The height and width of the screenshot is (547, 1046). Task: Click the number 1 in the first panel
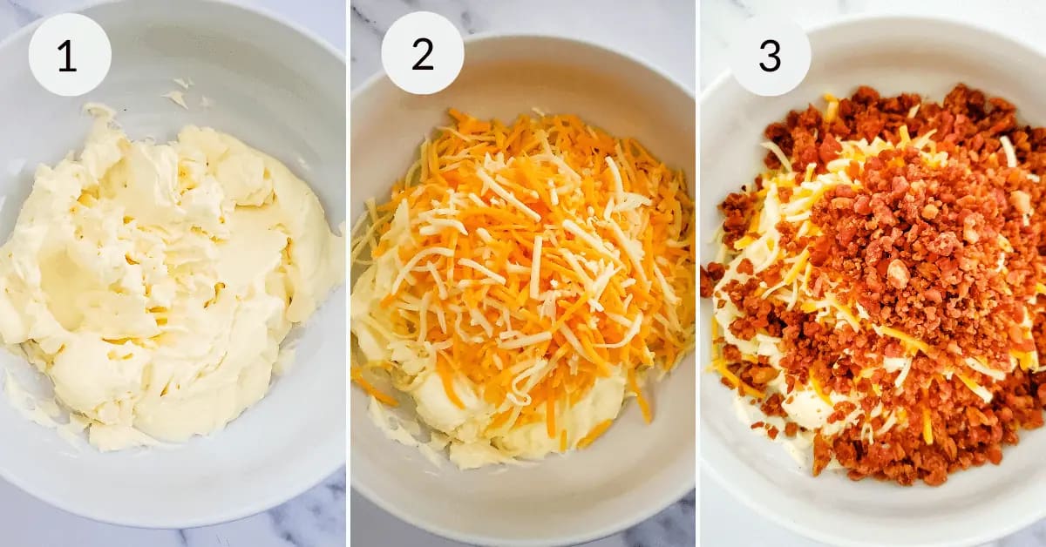(x=67, y=57)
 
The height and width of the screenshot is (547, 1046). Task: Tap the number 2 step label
(x=423, y=55)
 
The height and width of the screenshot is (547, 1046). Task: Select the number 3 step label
(x=770, y=56)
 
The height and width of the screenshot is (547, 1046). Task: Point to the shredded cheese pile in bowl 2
(x=523, y=261)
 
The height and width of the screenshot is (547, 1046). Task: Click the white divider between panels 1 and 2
(x=349, y=273)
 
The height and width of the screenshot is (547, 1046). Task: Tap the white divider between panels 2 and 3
(x=697, y=273)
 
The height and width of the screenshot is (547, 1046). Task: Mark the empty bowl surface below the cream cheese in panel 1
(x=173, y=485)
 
